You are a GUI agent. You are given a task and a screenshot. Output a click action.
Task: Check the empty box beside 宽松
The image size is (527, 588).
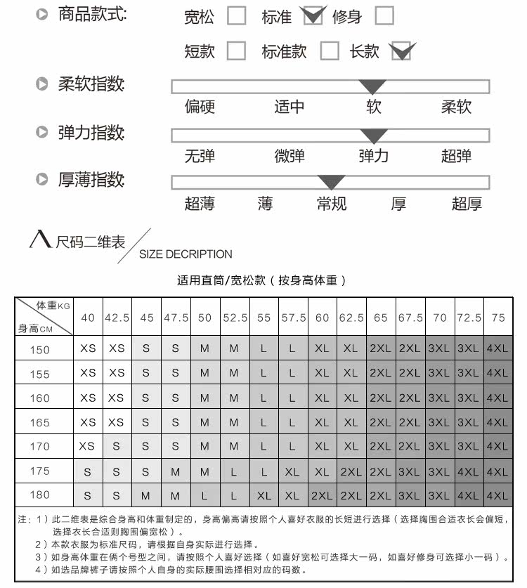tap(237, 16)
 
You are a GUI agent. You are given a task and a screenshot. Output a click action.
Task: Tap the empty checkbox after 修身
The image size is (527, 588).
tap(384, 15)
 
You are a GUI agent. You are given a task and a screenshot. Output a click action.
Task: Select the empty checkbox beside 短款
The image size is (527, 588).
tap(237, 51)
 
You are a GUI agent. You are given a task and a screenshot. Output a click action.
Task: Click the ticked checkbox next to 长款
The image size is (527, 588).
tap(401, 51)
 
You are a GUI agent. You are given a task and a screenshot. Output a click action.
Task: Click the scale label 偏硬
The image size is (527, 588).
tap(200, 107)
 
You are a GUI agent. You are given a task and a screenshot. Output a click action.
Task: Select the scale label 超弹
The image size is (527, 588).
tap(456, 156)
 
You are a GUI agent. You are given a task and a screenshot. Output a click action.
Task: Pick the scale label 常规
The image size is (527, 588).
tap(331, 204)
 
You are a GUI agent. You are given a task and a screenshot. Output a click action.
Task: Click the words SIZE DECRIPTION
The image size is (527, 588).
tap(186, 254)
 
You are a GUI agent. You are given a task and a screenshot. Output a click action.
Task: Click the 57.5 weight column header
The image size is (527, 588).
tap(293, 318)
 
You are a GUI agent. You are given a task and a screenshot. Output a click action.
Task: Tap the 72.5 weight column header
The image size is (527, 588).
tap(469, 318)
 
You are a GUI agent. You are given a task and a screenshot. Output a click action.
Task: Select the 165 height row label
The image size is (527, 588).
tap(40, 422)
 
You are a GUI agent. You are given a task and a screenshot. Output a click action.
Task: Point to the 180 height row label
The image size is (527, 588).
tap(40, 495)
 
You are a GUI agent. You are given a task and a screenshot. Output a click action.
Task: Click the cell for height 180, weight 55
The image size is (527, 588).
tap(263, 495)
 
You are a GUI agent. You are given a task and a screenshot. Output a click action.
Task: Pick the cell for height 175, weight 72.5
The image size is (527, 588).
tap(469, 471)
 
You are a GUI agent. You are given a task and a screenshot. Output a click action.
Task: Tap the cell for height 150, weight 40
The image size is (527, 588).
tap(88, 349)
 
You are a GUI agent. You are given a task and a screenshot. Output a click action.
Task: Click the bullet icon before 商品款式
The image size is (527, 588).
tap(42, 15)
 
